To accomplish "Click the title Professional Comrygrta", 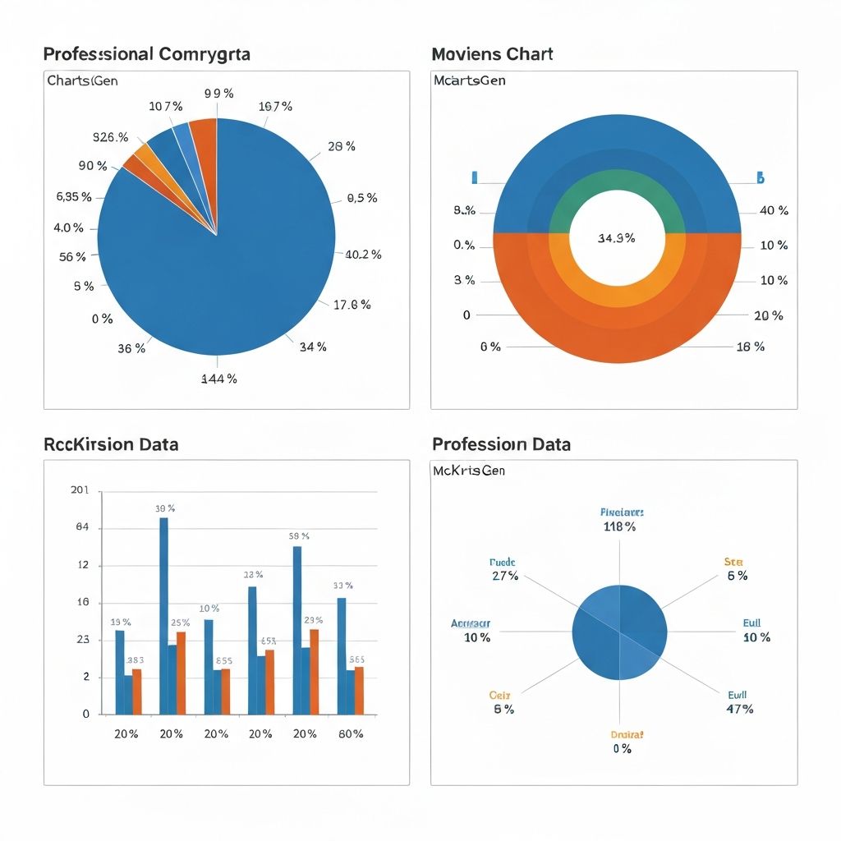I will point(146,54).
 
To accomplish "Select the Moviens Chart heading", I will point(492,54).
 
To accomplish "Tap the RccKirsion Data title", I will point(111,444).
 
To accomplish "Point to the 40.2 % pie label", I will point(362,255).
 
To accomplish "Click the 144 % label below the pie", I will point(219,379).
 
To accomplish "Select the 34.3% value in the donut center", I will point(616,238).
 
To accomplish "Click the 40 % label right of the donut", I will point(774,211).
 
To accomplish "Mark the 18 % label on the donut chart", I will point(750,347).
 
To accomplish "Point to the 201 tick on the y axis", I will point(80,491).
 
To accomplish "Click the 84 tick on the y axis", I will point(82,528).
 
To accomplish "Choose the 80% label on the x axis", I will point(350,733).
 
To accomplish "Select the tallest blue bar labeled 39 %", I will point(163,616).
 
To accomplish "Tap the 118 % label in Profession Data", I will point(619,526).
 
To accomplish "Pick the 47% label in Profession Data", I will point(739,709).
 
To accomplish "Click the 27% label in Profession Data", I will point(504,576).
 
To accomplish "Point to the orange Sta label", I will point(733,562).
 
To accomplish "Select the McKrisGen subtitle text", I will point(468,471).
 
